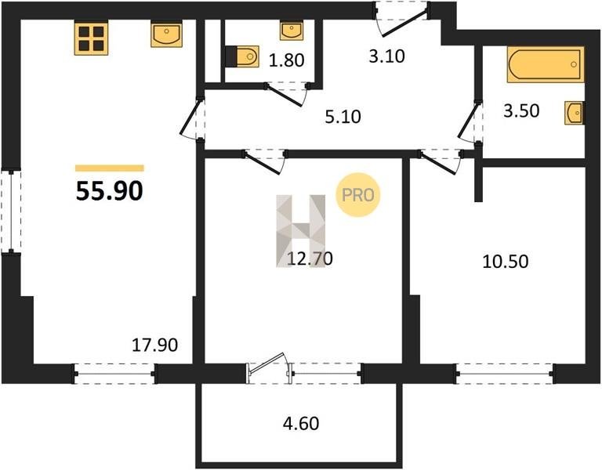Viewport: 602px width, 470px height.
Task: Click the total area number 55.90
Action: click(110, 190)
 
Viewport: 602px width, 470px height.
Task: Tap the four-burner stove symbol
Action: click(91, 38)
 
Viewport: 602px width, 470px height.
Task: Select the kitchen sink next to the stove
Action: click(166, 34)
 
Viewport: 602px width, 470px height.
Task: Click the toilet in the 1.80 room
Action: click(242, 56)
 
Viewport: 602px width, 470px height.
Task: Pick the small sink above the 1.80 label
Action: click(292, 30)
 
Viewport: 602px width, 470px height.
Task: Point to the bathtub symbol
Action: click(546, 64)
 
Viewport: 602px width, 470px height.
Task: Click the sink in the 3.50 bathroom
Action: click(574, 113)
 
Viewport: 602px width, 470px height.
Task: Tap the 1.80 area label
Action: click(286, 60)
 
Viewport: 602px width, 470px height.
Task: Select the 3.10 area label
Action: click(387, 56)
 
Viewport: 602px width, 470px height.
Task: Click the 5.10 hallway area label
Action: click(343, 117)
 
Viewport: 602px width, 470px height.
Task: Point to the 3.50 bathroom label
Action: click(521, 110)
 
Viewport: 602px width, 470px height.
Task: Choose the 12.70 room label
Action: click(310, 258)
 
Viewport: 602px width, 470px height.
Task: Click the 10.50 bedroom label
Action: click(506, 262)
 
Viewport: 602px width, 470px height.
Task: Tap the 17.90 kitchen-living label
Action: click(154, 345)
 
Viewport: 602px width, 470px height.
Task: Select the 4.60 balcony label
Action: click(301, 424)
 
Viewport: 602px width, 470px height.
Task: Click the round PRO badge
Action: click(357, 195)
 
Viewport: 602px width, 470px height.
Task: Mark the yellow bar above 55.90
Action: click(110, 168)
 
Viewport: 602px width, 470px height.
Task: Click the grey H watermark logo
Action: click(301, 231)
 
